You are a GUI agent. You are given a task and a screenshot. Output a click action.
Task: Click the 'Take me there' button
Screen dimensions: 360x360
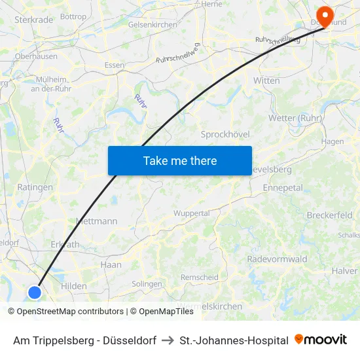tap(180, 160)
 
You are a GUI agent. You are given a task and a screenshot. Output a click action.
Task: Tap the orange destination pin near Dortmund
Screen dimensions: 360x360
tap(325, 15)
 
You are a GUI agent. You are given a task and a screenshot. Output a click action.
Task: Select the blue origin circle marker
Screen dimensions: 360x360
tap(35, 293)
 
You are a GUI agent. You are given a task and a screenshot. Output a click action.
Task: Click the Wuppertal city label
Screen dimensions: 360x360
tap(191, 213)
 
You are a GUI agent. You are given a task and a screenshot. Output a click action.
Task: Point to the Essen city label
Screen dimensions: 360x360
tap(115, 65)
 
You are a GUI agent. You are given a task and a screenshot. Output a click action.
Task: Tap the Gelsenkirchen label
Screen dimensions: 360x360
tap(153, 24)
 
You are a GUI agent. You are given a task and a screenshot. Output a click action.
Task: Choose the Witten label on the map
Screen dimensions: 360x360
tap(266, 81)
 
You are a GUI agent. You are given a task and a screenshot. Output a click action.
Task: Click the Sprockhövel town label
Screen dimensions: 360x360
tap(225, 134)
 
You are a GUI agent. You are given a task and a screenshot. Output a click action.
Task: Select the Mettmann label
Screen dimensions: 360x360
tap(97, 221)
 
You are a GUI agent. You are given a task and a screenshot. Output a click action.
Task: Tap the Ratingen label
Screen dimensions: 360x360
tap(35, 187)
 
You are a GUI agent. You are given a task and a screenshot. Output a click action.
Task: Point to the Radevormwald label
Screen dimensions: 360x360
tap(277, 259)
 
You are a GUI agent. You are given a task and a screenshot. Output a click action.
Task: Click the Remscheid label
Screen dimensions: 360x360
tap(199, 278)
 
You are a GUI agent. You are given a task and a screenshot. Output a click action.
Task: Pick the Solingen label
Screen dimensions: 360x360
tap(147, 284)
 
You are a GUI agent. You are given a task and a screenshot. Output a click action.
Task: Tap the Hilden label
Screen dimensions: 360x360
tap(73, 286)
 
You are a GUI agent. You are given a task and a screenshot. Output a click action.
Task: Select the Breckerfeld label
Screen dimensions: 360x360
tap(329, 215)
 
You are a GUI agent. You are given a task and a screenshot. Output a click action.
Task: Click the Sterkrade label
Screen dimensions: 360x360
tap(33, 20)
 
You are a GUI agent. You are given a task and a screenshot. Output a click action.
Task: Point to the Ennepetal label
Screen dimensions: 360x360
tap(283, 188)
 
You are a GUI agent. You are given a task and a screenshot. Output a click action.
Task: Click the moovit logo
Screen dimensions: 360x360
tap(321, 340)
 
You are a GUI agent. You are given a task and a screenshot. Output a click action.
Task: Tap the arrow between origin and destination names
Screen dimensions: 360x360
tap(168, 340)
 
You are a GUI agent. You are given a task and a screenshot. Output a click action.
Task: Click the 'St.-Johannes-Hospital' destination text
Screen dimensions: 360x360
tap(234, 340)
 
